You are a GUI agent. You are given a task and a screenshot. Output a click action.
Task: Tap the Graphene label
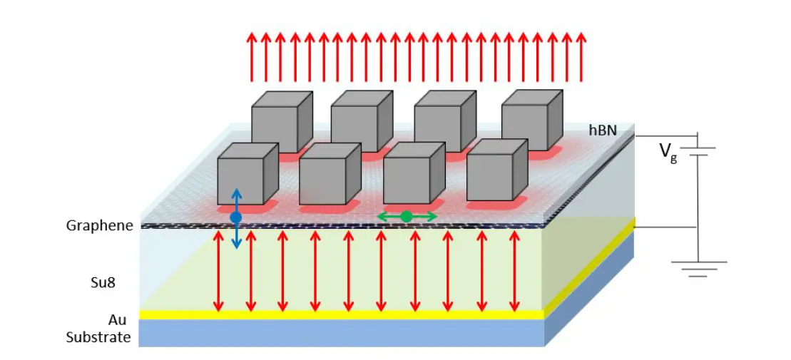pos(100,226)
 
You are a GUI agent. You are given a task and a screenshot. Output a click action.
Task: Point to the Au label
pos(119,320)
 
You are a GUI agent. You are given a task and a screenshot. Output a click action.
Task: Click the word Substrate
pos(98,337)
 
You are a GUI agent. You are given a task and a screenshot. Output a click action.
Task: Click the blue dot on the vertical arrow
pos(236,217)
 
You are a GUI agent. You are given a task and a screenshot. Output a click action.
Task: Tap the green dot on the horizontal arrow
pos(406,216)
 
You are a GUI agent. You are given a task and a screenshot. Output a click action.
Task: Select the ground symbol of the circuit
pos(698,268)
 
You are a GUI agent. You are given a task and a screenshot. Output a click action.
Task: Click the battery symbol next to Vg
pos(698,152)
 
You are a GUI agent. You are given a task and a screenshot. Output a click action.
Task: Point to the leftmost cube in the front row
pos(247,175)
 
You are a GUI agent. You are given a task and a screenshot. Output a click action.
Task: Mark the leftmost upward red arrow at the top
pos(251,56)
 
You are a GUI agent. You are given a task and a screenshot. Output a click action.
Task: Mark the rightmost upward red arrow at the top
pos(581,56)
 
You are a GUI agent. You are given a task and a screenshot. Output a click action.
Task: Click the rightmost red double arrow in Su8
pos(514,271)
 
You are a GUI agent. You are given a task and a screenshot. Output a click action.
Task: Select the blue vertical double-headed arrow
pos(237,219)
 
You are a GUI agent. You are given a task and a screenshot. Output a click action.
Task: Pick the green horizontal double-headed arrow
pos(407,216)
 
